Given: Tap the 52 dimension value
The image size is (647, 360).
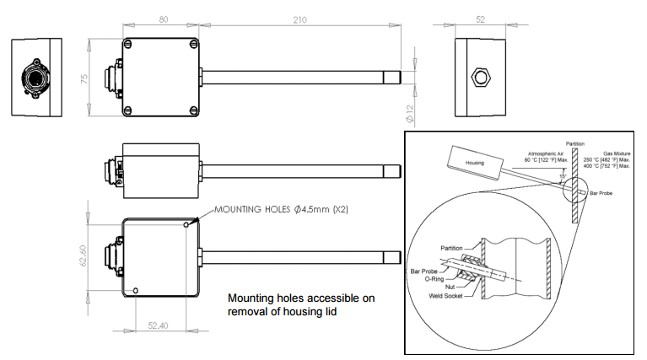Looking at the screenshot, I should pos(482,17).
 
